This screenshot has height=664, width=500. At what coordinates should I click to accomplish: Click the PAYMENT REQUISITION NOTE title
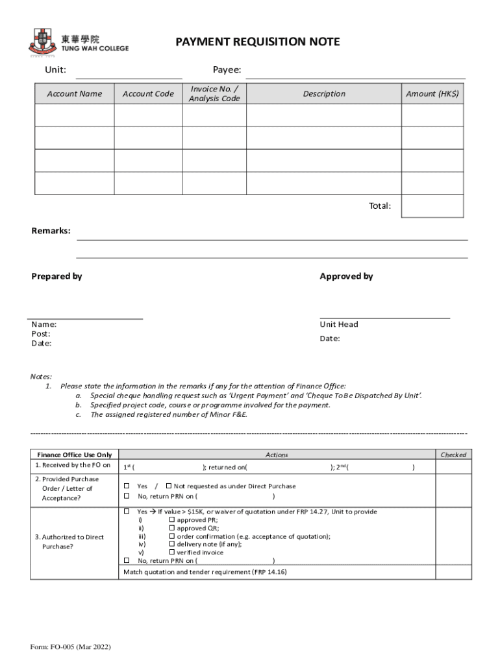pos(257,42)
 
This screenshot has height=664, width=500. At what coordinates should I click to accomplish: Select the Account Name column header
pos(75,94)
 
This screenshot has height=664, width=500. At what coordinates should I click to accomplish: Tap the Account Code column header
pos(148,94)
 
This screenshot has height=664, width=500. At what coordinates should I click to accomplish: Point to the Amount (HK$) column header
pos(432,94)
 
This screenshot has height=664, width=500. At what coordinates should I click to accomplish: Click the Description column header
pos(324,94)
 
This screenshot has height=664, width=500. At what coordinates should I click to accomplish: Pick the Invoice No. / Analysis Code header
pos(214,94)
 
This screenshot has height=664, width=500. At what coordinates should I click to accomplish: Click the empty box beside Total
pos(432,206)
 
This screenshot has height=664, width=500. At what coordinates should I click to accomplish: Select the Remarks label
pos(51,231)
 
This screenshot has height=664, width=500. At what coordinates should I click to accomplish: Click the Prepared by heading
pos(57,276)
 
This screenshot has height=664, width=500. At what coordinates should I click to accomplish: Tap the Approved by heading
pos(346,276)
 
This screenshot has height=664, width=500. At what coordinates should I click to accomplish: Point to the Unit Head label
pos(338,324)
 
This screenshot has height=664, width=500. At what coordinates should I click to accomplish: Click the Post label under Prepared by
pos(41,334)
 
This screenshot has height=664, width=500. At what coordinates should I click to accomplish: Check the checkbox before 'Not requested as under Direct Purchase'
pos(169,486)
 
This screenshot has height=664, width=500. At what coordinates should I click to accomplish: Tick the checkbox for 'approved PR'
pos(171,520)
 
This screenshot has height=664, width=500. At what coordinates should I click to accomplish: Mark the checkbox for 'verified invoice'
pos(171,552)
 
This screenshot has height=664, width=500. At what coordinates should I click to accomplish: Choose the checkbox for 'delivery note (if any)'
pos(171,544)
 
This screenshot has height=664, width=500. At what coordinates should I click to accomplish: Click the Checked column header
pos(453,455)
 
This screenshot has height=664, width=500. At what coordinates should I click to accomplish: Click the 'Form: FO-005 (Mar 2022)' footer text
pos(71,647)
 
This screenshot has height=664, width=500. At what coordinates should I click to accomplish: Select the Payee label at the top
pos(227,70)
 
